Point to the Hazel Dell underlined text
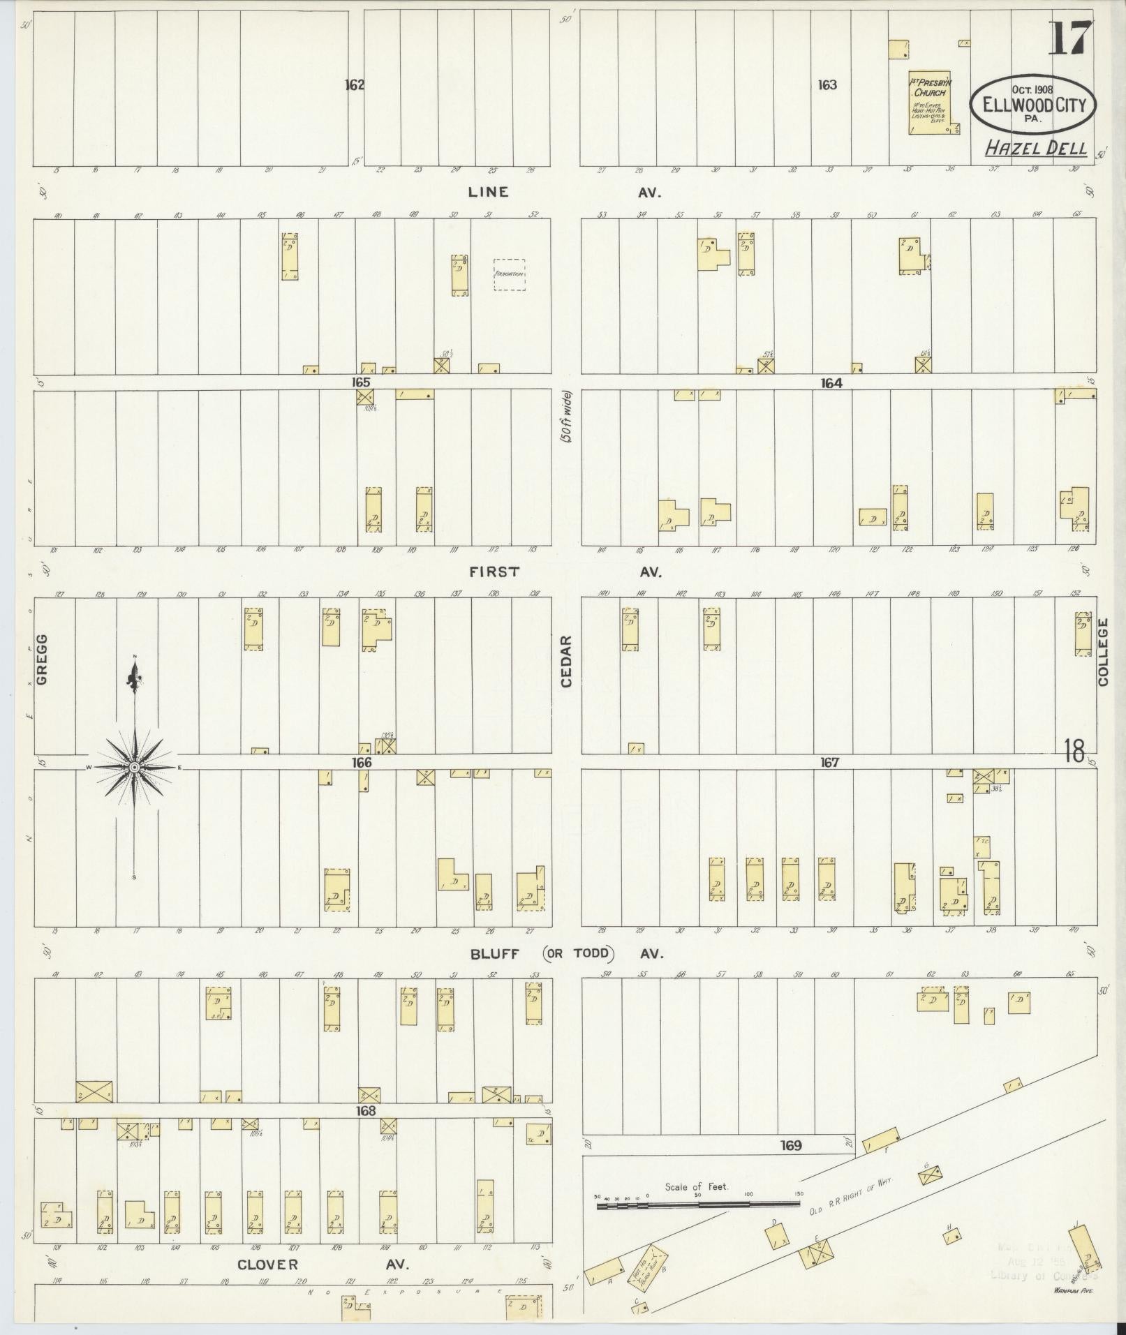(1036, 148)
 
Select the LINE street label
(488, 192)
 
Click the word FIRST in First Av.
(494, 572)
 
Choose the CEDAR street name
(565, 660)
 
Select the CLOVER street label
(268, 1265)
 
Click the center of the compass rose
(135, 768)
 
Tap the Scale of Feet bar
(697, 1204)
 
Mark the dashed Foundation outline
(509, 274)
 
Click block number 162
(355, 85)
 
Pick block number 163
(827, 85)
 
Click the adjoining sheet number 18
(1074, 752)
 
